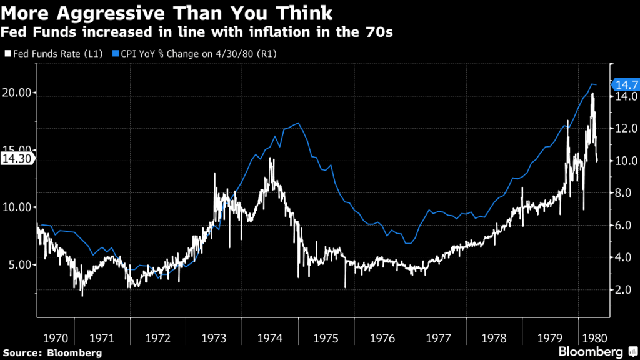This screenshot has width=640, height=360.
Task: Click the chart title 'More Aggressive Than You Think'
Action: click(x=168, y=13)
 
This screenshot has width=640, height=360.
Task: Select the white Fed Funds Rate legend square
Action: click(x=8, y=54)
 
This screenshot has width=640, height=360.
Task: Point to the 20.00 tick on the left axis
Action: click(x=17, y=93)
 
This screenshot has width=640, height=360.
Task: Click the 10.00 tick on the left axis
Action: click(x=17, y=207)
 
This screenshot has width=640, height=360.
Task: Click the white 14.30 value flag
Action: click(x=17, y=159)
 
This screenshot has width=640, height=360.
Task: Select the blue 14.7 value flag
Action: click(x=624, y=84)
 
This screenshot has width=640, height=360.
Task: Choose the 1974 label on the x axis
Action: click(x=270, y=338)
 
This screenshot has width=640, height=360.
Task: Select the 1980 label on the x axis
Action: click(x=592, y=338)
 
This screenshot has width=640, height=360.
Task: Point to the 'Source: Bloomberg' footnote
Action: click(x=51, y=353)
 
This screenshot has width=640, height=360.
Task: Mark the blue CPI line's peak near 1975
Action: click(x=298, y=123)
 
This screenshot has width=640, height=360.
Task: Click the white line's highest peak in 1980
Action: click(x=592, y=94)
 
